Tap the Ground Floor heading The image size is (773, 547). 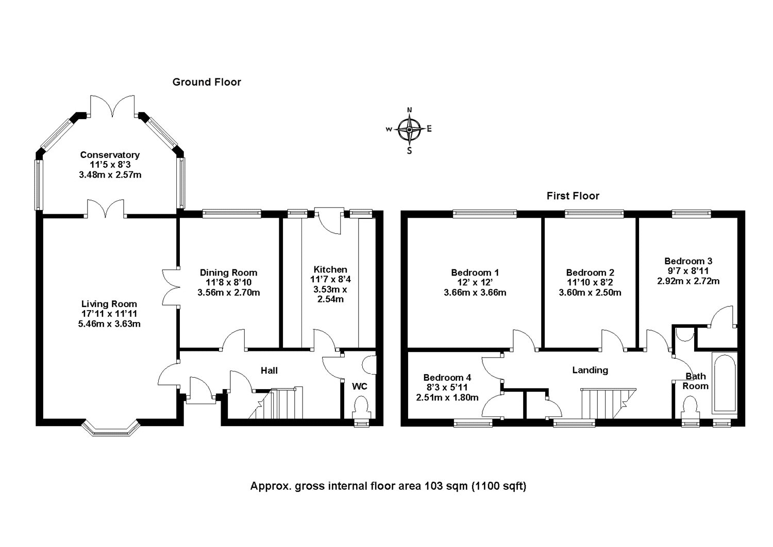pos(207,82)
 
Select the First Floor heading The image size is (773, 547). pos(573,196)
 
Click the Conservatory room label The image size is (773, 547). pos(110,155)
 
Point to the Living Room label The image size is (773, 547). pos(109,304)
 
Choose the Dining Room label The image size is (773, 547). pos(228,272)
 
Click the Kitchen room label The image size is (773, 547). pos(330,269)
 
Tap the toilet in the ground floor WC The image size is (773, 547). pos(361,408)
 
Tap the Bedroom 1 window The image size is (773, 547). pos(484,214)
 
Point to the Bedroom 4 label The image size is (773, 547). pos(447,378)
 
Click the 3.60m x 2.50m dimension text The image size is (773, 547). pos(590,293)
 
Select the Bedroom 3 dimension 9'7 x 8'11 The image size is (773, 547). pos(688,271)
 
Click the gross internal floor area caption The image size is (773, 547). pos(388,486)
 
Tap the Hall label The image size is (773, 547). pos(269,371)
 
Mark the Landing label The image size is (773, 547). pos(590,371)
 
